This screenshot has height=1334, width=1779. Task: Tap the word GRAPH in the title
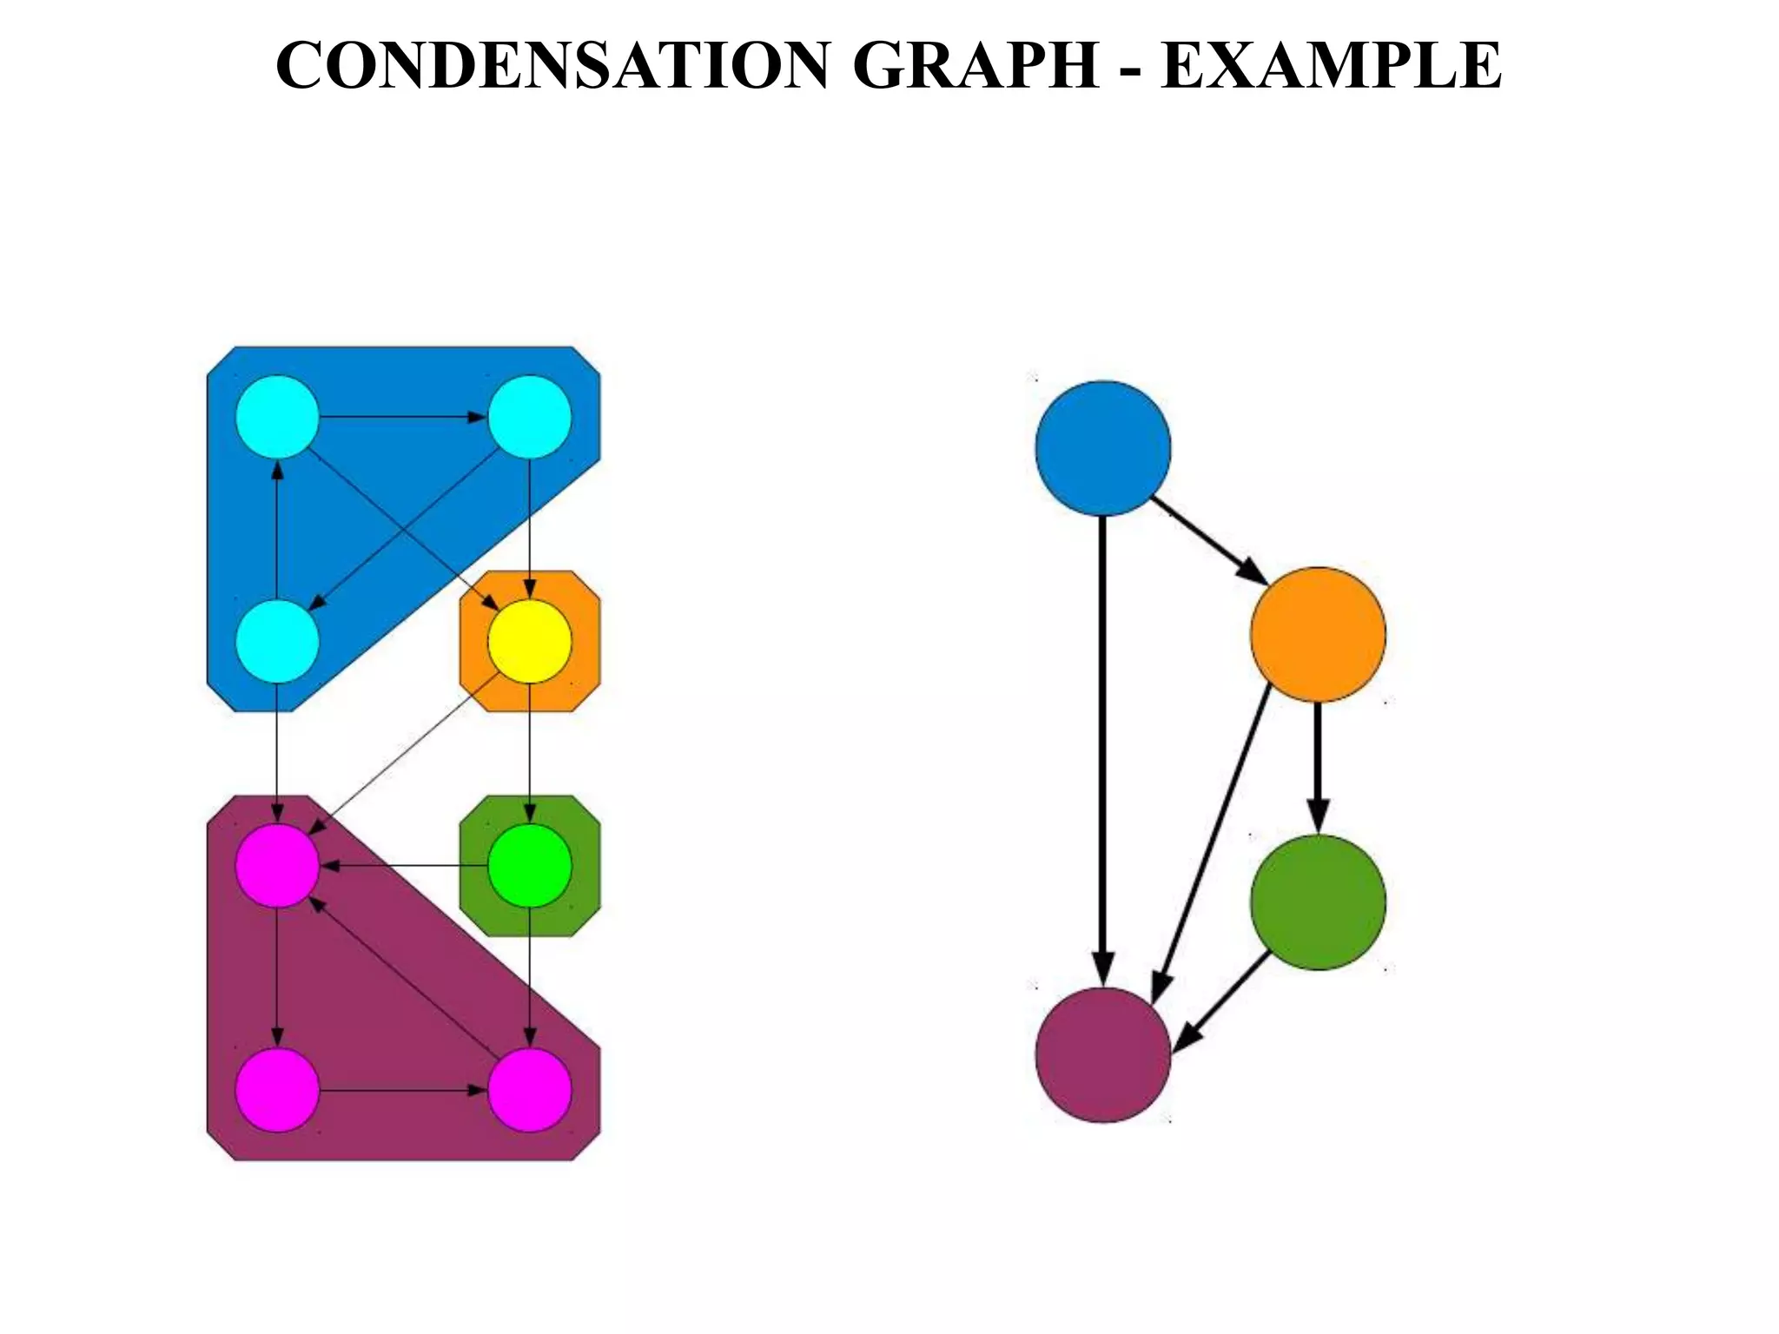click(975, 66)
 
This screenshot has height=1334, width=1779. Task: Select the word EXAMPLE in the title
click(1331, 66)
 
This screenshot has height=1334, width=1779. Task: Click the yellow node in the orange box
click(530, 641)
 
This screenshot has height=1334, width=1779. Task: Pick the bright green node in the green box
click(530, 865)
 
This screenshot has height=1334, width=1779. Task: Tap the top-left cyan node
click(277, 417)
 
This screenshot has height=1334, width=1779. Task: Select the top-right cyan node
click(530, 417)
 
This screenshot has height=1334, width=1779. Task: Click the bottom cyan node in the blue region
click(277, 641)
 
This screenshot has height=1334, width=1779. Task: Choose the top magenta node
click(277, 865)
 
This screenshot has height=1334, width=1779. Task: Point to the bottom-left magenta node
click(277, 1089)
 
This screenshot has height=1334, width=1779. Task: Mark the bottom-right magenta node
click(530, 1089)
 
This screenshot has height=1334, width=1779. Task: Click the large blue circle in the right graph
click(1103, 448)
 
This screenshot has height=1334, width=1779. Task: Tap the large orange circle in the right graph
click(1318, 634)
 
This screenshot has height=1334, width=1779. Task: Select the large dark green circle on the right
click(1318, 901)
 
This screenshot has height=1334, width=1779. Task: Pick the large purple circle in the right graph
click(1103, 1055)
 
